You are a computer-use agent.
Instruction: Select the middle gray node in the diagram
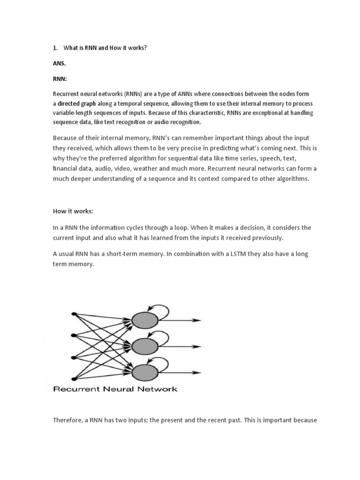pos(145,347)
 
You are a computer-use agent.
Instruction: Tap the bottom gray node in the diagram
pos(145,373)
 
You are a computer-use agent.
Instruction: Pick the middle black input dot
pos(73,335)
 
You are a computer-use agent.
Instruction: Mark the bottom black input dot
pos(73,379)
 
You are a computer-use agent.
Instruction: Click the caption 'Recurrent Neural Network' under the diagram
pos(115,389)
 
